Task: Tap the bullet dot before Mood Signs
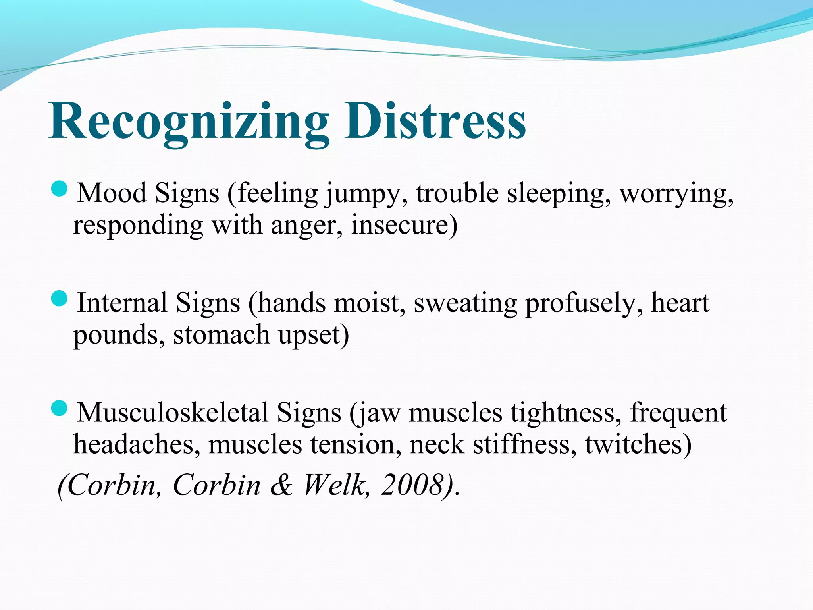tap(60, 189)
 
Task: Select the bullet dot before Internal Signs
tap(60, 298)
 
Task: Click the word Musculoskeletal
tap(173, 413)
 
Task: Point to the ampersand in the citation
tap(281, 485)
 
